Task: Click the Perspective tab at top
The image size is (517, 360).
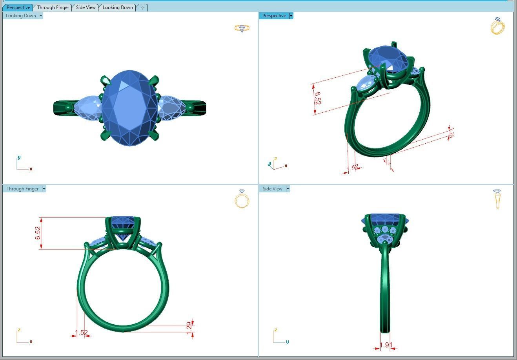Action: pos(18,7)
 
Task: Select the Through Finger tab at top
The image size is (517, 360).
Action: pos(53,7)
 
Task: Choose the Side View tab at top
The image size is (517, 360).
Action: pos(86,7)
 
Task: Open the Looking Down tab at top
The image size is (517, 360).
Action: pos(117,7)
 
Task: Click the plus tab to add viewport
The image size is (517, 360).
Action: pos(142,7)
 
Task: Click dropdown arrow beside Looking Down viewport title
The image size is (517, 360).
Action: pos(41,16)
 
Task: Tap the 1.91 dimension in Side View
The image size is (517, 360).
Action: pos(386,345)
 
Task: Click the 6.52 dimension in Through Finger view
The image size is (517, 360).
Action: pos(38,233)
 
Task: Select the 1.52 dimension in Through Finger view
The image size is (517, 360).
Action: pos(81,333)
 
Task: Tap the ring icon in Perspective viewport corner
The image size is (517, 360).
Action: pos(498,26)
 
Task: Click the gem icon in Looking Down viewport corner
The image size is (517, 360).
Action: pos(242,28)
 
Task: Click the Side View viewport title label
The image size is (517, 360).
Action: pos(272,189)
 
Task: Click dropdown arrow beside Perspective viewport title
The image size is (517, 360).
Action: pos(291,16)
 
